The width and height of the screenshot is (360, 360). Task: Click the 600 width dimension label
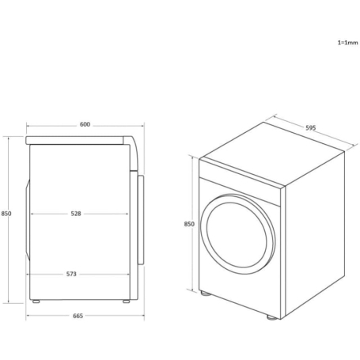(x=85, y=125)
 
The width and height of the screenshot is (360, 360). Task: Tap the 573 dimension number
(x=71, y=274)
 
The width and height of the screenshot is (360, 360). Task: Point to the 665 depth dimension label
(x=78, y=316)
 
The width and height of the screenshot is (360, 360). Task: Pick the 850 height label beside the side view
(x=6, y=214)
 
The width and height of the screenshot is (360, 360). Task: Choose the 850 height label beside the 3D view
(x=189, y=224)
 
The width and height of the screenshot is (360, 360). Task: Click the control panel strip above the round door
(x=241, y=176)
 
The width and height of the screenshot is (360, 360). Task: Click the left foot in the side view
(x=36, y=300)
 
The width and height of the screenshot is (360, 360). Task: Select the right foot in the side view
(x=125, y=300)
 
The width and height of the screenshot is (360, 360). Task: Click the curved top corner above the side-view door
(x=135, y=150)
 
